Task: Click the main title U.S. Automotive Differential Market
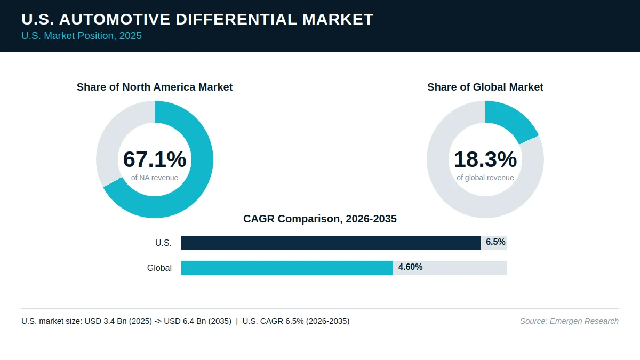(x=197, y=19)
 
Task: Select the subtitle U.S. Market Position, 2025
(x=82, y=36)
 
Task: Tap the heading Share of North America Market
(x=155, y=87)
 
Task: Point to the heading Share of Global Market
(x=485, y=87)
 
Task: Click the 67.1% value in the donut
(x=155, y=159)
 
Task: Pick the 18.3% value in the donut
(x=485, y=159)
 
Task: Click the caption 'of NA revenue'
(x=155, y=178)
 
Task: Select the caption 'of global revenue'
(x=485, y=178)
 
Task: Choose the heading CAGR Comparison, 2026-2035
(x=319, y=219)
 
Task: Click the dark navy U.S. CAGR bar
(x=331, y=243)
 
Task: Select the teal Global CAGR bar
(x=287, y=268)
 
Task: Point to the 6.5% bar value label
(x=495, y=242)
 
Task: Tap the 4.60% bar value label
(x=410, y=267)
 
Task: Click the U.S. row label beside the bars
(x=163, y=243)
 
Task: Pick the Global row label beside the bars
(x=159, y=268)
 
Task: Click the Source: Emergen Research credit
(x=569, y=321)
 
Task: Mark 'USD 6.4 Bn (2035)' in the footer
(x=197, y=321)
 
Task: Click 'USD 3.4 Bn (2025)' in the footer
(x=118, y=321)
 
